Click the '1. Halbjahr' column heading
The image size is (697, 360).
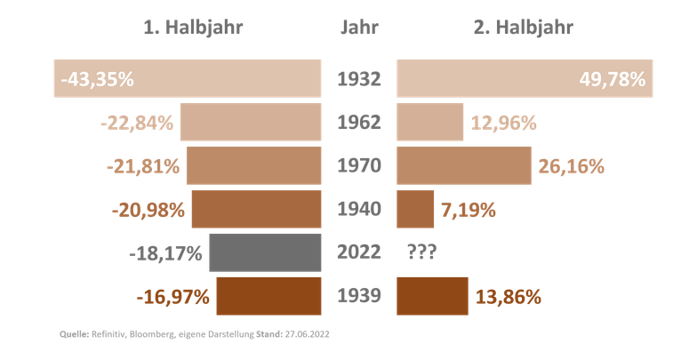click(x=193, y=28)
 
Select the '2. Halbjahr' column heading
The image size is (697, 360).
click(x=523, y=28)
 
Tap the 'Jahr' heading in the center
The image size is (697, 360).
click(x=359, y=28)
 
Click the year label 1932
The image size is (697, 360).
click(x=359, y=79)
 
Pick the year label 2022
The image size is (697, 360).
click(x=359, y=252)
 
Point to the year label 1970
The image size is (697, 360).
click(x=359, y=166)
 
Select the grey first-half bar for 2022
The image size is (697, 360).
click(x=264, y=252)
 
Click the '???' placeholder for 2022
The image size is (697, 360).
click(x=421, y=252)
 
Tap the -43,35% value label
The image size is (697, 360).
click(x=97, y=79)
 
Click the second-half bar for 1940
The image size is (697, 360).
click(x=415, y=210)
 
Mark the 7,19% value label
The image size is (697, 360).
click(x=469, y=211)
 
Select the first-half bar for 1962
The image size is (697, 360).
click(x=250, y=123)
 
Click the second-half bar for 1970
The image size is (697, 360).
click(x=464, y=166)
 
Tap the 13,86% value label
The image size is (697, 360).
click(x=509, y=297)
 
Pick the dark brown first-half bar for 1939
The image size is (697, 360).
click(x=268, y=296)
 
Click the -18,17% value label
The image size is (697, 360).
click(x=167, y=252)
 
